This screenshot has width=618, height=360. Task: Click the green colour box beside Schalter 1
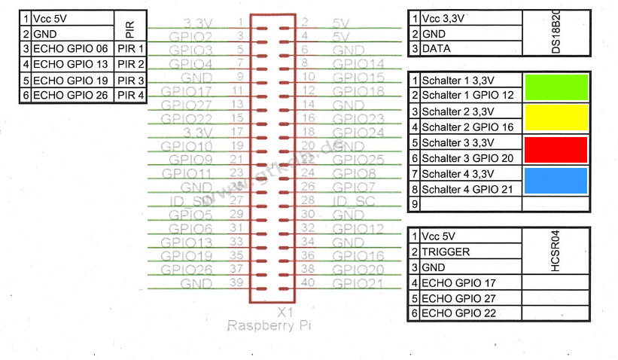pyautogui.click(x=556, y=87)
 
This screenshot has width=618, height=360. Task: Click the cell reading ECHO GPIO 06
pyautogui.click(x=72, y=49)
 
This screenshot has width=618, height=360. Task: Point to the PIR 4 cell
pyautogui.click(x=130, y=96)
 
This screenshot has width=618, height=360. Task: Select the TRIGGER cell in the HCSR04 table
pyautogui.click(x=470, y=252)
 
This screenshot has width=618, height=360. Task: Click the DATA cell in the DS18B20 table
pyautogui.click(x=470, y=49)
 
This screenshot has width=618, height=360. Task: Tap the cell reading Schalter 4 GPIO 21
pyautogui.click(x=470, y=189)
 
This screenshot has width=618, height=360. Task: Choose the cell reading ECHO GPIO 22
pyautogui.click(x=470, y=313)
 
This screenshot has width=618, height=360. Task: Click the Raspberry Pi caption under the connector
pyautogui.click(x=269, y=326)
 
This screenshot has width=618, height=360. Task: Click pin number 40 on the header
pyautogui.click(x=308, y=282)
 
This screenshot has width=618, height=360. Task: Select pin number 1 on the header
pyautogui.click(x=240, y=22)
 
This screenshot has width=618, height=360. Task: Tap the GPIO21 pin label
pyautogui.click(x=358, y=283)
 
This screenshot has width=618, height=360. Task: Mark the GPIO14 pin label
pyautogui.click(x=358, y=64)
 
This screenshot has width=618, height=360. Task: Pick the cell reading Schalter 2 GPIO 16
pyautogui.click(x=470, y=127)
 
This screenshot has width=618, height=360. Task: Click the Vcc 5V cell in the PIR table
pyautogui.click(x=72, y=17)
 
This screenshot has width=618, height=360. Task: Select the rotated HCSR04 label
pyautogui.click(x=556, y=252)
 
